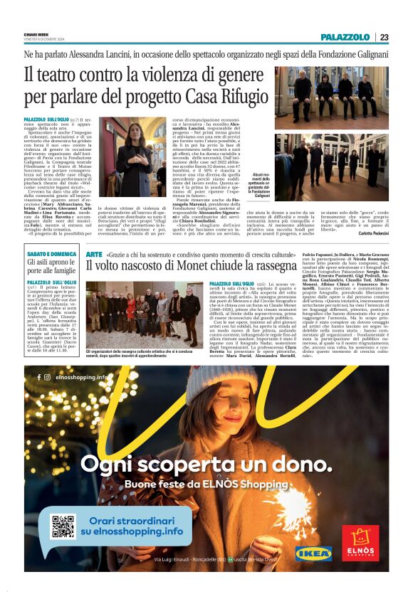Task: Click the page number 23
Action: pos(384,37)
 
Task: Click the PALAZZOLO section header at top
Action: pos(345,37)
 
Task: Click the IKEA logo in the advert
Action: pos(313,553)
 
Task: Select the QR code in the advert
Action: pos(63,525)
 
